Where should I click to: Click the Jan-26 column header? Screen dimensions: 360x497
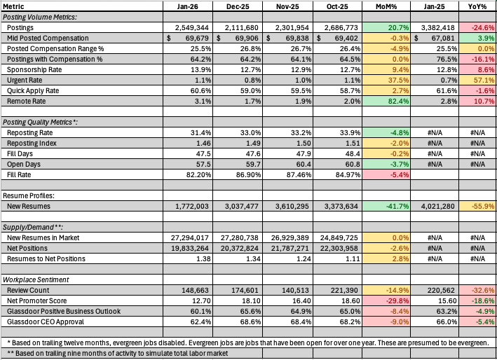(x=188, y=6)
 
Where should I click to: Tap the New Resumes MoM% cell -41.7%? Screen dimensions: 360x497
(x=386, y=206)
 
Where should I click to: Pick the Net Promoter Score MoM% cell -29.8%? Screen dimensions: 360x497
(x=386, y=300)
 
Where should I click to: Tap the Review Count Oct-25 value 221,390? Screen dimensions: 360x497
(x=339, y=290)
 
